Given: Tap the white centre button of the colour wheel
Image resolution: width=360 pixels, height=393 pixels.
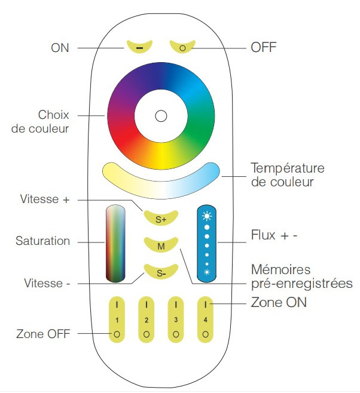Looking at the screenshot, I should click(x=160, y=116).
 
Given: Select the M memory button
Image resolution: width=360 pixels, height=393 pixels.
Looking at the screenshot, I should click(x=161, y=245).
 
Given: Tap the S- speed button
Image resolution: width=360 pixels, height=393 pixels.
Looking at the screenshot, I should click(x=161, y=273).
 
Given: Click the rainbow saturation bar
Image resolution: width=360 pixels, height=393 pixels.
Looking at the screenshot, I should click(x=117, y=243).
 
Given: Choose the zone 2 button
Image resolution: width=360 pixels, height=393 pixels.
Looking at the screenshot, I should click(x=147, y=320).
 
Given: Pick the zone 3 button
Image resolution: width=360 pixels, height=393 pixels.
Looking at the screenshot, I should click(x=176, y=320).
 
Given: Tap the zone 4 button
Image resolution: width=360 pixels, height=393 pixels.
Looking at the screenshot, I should click(x=205, y=320).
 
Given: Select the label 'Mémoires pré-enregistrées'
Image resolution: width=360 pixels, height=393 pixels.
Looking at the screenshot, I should click(x=298, y=277).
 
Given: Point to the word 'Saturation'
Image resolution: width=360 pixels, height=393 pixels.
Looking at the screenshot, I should click(x=42, y=241).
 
